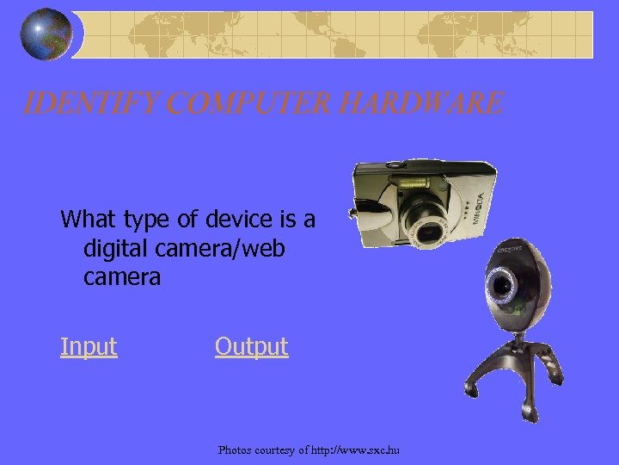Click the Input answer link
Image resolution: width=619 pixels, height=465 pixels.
coord(89,347)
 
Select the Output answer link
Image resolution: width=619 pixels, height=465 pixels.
coord(251,347)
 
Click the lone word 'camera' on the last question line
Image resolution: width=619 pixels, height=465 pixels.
coord(122,278)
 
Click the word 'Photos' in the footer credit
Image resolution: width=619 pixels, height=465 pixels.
coord(236,449)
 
